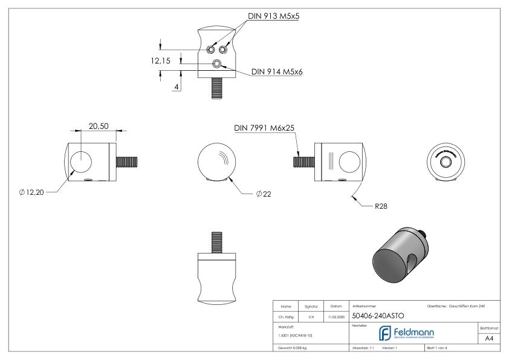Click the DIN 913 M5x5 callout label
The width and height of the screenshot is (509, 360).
pyautogui.click(x=274, y=17)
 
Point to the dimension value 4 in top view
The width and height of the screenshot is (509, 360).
pyautogui.click(x=176, y=87)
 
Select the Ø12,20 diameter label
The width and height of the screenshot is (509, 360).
pyautogui.click(x=31, y=192)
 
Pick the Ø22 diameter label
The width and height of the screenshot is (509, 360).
pyautogui.click(x=264, y=194)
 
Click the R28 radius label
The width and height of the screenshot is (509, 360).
pyautogui.click(x=381, y=206)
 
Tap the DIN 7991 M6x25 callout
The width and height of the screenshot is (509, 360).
pyautogui.click(x=264, y=128)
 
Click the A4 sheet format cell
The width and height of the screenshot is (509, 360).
pyautogui.click(x=490, y=340)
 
